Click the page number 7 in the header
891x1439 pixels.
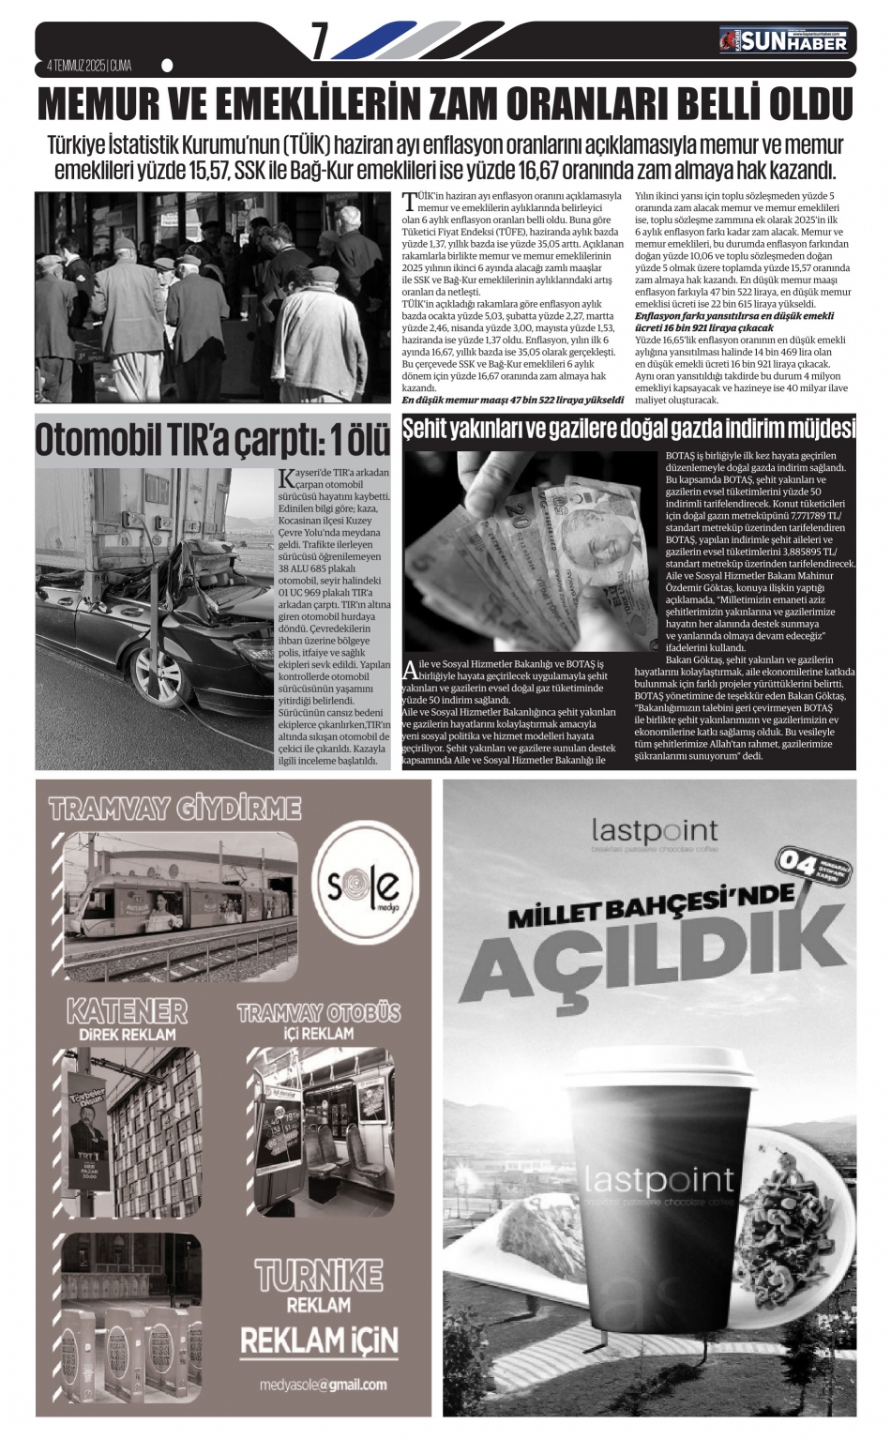point(320,39)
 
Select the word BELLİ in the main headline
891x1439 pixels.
point(702,104)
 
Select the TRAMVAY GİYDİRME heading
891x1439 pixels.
point(174,810)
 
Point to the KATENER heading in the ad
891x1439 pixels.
point(126,1011)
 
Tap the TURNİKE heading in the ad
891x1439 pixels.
point(319,1275)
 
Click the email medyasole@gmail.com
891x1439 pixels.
point(323,1385)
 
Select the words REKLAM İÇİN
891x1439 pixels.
point(319,1341)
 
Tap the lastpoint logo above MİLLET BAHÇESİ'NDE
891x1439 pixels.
point(654,831)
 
